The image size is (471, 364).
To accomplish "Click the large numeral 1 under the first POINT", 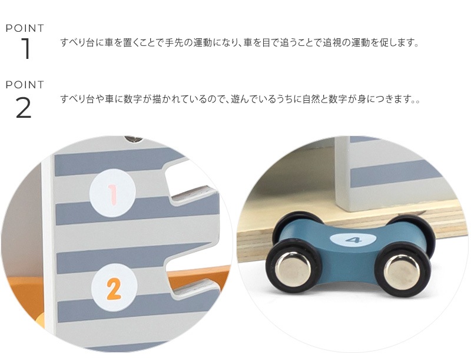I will click(x=25, y=49).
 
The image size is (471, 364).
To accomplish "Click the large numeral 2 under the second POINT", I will click(x=24, y=107).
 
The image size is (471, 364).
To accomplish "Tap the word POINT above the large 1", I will click(x=25, y=28).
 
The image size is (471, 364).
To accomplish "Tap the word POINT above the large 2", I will click(x=25, y=85).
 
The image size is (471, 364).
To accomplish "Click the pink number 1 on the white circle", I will click(x=113, y=191).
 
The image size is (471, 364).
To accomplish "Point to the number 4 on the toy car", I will click(x=353, y=240).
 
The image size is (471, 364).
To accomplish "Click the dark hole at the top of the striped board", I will click(x=134, y=139).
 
